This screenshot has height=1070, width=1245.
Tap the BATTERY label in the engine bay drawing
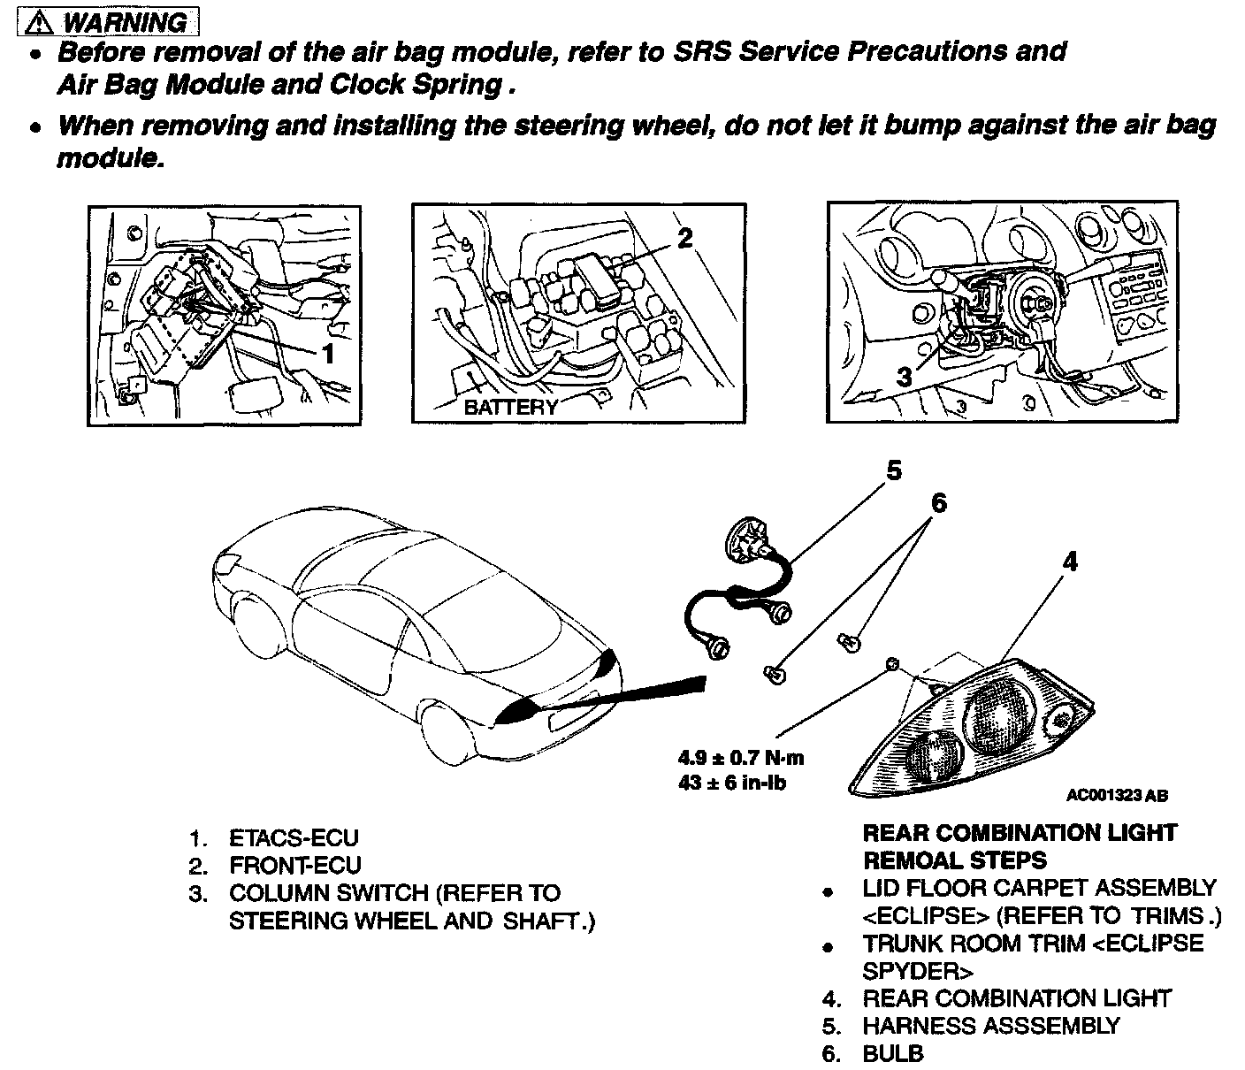[511, 407]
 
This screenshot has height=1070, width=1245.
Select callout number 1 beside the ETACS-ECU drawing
[328, 355]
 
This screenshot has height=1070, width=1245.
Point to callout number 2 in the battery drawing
[684, 237]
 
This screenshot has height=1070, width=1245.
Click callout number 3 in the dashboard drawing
[904, 377]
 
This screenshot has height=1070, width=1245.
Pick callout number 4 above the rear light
[1070, 561]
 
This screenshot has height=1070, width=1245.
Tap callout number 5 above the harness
[894, 470]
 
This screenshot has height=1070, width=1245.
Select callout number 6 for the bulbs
[938, 503]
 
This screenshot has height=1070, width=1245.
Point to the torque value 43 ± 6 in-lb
[732, 783]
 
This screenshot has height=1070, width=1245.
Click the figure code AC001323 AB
[1117, 796]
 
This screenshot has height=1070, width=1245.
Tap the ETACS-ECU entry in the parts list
[294, 837]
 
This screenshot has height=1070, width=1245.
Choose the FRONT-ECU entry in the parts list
[294, 865]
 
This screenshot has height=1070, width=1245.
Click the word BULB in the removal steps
[893, 1054]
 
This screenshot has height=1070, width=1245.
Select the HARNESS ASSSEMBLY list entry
[991, 1026]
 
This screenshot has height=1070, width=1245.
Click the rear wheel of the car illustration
[447, 734]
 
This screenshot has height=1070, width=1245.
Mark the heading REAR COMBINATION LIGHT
[1020, 833]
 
